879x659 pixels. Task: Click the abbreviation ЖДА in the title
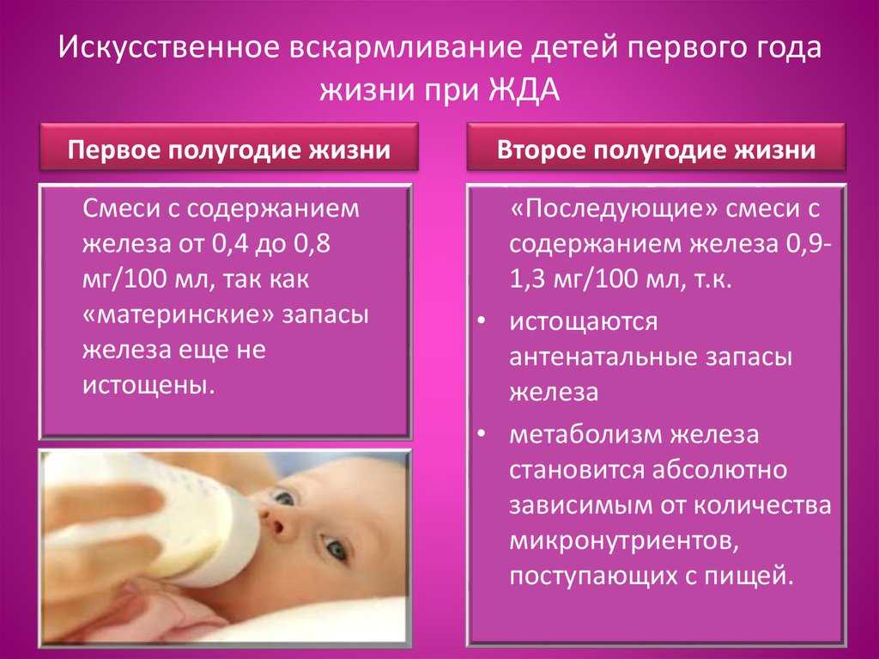point(524,91)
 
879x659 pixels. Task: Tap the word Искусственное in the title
point(168,47)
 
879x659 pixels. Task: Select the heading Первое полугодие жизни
point(228,150)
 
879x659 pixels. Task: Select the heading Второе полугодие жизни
point(656,150)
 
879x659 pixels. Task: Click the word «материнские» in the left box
point(178,314)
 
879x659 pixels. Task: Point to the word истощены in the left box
point(149,386)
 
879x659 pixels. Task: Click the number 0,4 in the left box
point(231,244)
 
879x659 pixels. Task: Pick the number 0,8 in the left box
point(311,244)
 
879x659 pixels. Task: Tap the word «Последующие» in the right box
point(615,210)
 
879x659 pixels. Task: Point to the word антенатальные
point(603,357)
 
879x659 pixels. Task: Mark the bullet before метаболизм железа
point(482,435)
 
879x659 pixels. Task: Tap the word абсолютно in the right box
point(720,469)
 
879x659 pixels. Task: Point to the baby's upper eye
point(283,497)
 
